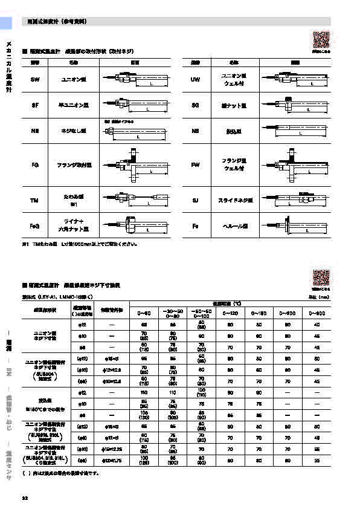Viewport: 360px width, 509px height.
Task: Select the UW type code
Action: (x=195, y=80)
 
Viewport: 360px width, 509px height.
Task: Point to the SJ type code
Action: (x=195, y=200)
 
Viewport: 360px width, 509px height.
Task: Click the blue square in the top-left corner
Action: (x=5, y=23)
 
